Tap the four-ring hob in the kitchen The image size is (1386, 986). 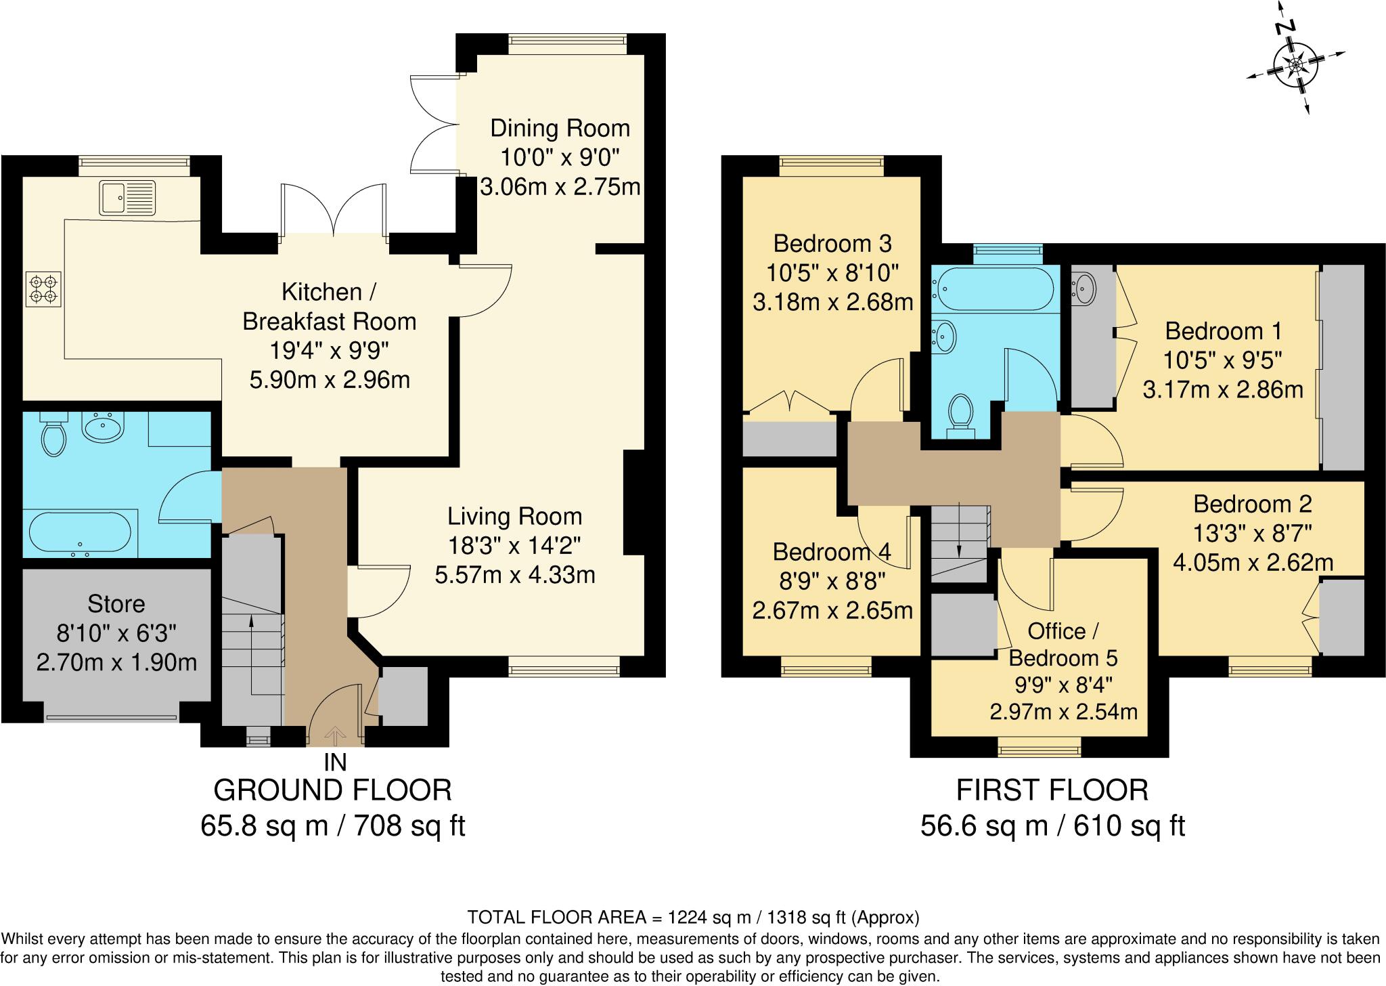pos(43,289)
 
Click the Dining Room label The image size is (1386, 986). pos(560,128)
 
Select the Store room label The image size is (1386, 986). pos(116,603)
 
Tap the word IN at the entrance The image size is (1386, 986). pos(335,763)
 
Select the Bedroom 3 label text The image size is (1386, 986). pos(832,243)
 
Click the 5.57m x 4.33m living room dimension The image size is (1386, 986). pos(514,575)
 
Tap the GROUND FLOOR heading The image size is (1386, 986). pos(332,790)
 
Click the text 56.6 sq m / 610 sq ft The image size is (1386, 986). pos(1052,826)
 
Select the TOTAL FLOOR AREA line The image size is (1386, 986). pos(693,918)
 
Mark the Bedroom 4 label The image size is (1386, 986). pos(832,552)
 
